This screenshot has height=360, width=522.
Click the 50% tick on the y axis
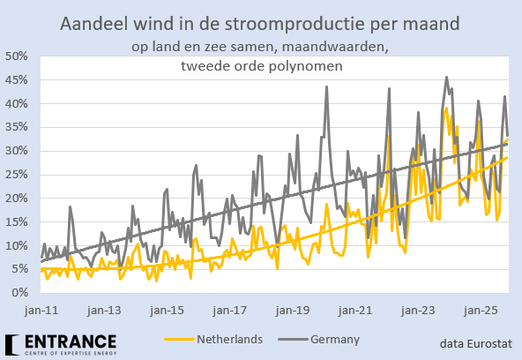pos(19,56)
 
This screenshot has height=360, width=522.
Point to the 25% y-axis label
pos(19,174)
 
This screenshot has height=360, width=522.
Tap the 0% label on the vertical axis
pos(22,293)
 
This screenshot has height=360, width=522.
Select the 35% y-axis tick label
pos(19,127)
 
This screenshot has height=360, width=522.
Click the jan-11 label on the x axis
pos(41,311)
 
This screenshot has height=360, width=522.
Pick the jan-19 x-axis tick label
pos(291,311)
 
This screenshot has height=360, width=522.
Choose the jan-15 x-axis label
pos(166,311)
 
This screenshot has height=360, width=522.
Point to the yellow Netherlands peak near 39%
pos(447,109)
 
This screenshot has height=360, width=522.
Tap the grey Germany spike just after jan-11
pos(70,207)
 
